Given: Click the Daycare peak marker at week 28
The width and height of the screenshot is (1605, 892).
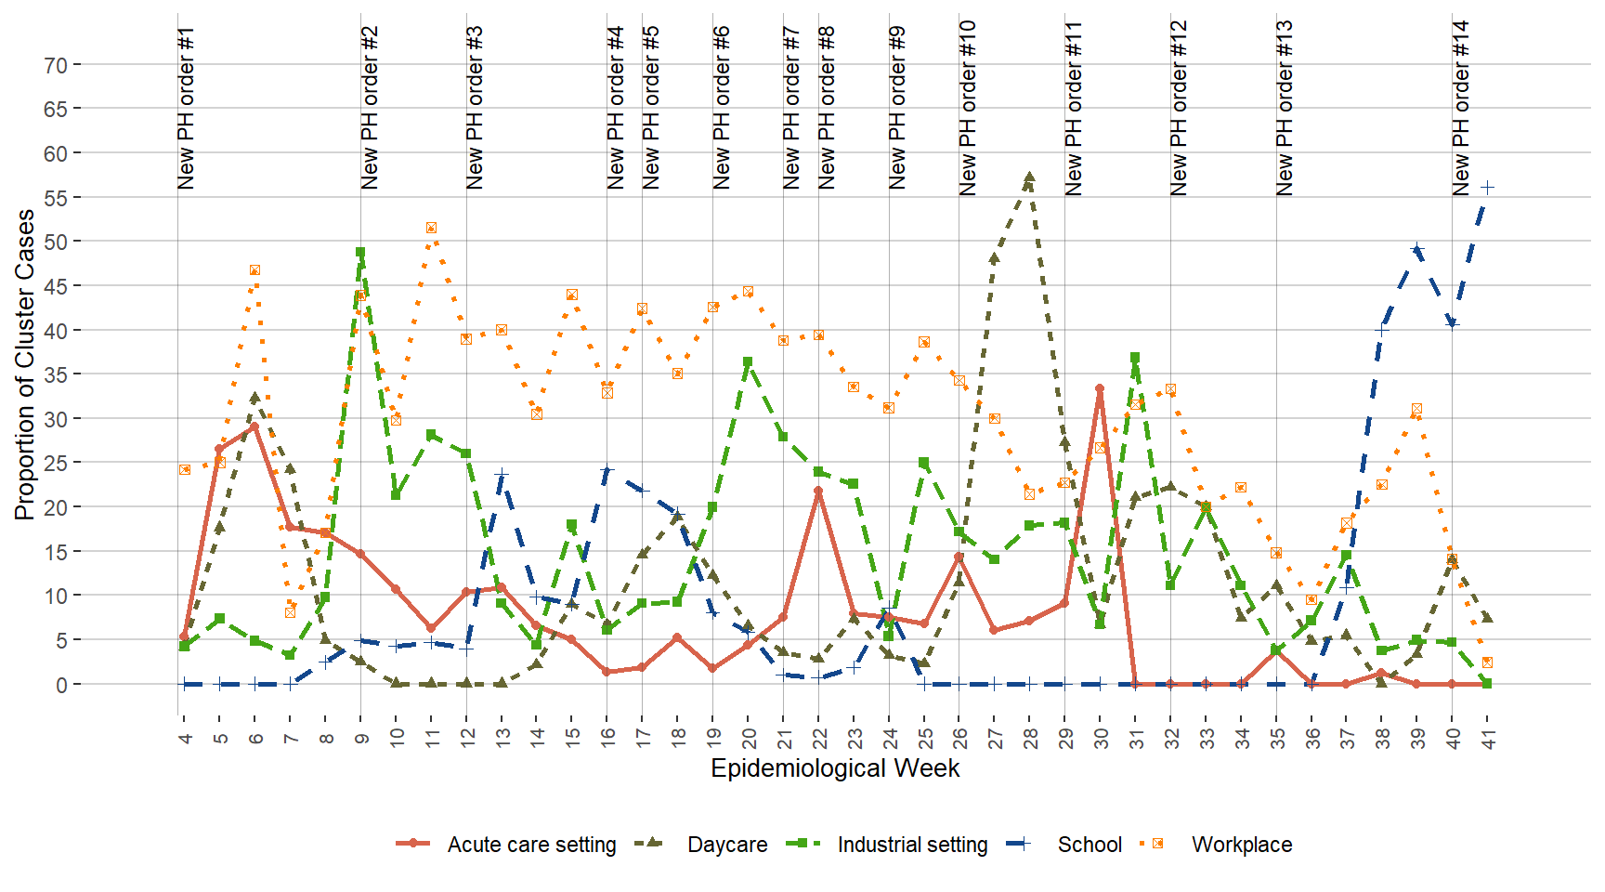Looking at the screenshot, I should click(1029, 177).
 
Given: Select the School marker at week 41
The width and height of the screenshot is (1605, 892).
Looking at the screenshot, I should click(1487, 188).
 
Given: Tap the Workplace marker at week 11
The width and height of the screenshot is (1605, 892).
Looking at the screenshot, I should click(431, 228).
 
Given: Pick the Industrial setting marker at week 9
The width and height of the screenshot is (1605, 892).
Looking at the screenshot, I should click(360, 253).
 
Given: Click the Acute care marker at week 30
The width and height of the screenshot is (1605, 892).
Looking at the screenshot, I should click(1100, 389).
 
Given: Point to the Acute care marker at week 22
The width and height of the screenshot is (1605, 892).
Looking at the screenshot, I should click(818, 492).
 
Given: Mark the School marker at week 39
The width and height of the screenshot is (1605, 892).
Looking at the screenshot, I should click(1416, 249).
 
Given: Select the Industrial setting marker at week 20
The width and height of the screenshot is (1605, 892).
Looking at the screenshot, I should click(748, 362).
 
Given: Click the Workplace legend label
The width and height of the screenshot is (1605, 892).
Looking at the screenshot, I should click(1241, 845).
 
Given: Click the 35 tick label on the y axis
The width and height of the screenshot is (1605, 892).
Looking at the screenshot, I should click(56, 374).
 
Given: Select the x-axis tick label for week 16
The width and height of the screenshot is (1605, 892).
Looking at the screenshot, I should click(607, 738).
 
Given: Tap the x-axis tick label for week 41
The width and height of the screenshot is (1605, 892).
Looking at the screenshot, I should click(1487, 738).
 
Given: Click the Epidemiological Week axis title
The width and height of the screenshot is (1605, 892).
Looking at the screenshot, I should click(835, 768).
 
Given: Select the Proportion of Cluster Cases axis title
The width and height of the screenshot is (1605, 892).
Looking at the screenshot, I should click(25, 364).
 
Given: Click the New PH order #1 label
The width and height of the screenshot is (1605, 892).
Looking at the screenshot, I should click(186, 109).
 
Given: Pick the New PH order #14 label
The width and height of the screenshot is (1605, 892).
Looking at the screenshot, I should click(1460, 109).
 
